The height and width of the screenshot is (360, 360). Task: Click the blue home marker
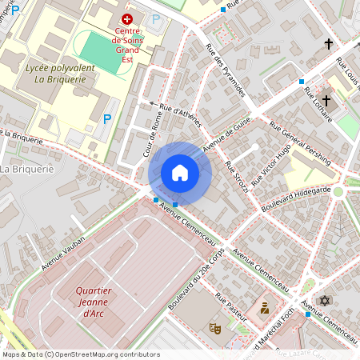[180, 172]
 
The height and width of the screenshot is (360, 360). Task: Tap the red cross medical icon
[125, 18]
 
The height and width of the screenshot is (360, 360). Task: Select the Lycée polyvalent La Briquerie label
[61, 74]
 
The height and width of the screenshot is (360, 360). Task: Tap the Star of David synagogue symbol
[324, 300]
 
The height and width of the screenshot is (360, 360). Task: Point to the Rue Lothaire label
[317, 103]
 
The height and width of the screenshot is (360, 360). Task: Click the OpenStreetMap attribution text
[80, 354]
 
